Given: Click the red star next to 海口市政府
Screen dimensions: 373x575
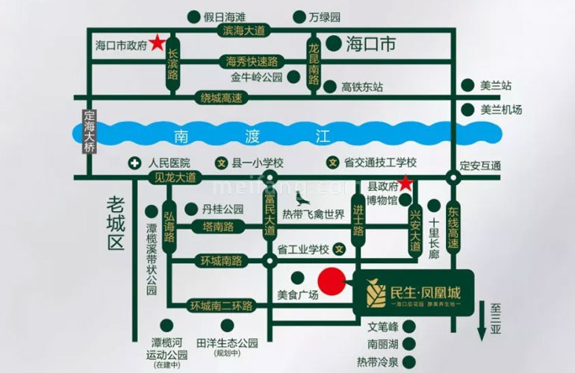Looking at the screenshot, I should pyautogui.click(x=158, y=43).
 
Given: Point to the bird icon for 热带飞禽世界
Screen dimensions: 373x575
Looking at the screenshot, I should pyautogui.click(x=302, y=200).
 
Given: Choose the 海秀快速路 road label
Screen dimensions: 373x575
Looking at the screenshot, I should pyautogui.click(x=246, y=61).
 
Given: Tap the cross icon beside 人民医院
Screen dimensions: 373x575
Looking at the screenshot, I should pyautogui.click(x=134, y=163).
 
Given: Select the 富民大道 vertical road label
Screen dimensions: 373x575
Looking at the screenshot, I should pyautogui.click(x=269, y=213).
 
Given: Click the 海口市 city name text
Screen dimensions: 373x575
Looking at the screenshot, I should pyautogui.click(x=370, y=43).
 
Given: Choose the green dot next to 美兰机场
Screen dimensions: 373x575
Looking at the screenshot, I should pyautogui.click(x=468, y=110).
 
